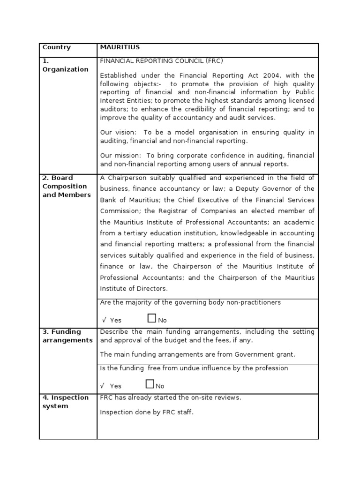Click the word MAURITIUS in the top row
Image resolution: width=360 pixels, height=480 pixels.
tap(120, 47)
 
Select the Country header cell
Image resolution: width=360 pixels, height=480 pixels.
tap(57, 47)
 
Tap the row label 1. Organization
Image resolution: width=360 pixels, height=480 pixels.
tap(65, 65)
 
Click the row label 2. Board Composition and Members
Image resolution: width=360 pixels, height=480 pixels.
tap(67, 186)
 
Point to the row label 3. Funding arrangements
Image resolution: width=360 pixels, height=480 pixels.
tap(67, 336)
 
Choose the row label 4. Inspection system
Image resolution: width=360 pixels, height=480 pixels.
tap(65, 402)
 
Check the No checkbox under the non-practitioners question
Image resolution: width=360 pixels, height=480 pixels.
tap(151, 319)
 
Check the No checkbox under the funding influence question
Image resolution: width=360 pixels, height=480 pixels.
tap(150, 385)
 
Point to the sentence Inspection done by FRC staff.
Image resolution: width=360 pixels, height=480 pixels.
tap(147, 412)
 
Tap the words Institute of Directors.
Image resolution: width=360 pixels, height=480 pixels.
tap(133, 288)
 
